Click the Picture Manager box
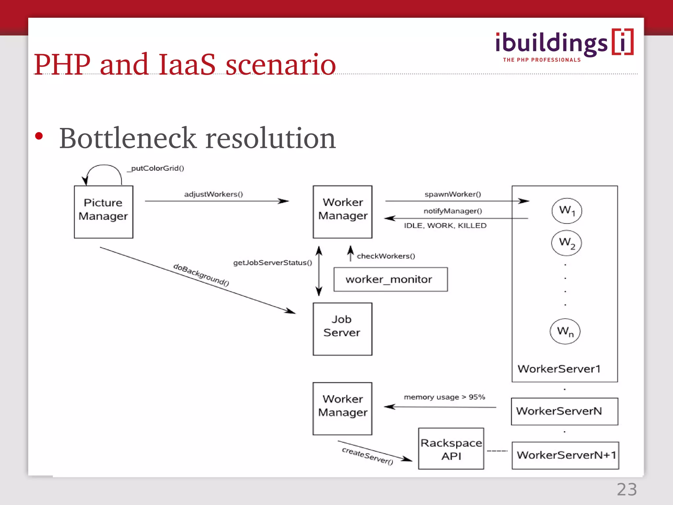(x=104, y=212)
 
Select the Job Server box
(x=342, y=329)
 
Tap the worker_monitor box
(x=390, y=279)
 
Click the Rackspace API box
(x=451, y=449)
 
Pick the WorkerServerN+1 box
(x=565, y=455)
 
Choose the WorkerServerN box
(x=565, y=411)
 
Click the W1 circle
(x=567, y=211)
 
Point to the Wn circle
(x=565, y=331)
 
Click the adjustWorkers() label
(x=214, y=194)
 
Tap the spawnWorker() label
(x=453, y=194)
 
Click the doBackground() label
(x=201, y=275)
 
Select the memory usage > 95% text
(x=444, y=397)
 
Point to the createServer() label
(x=367, y=456)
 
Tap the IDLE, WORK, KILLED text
(x=445, y=226)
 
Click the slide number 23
(x=627, y=490)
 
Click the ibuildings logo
(x=564, y=45)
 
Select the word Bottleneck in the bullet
(x=128, y=138)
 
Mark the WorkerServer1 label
(x=559, y=369)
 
